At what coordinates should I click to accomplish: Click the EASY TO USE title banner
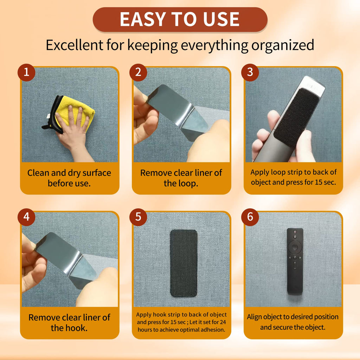click(180, 20)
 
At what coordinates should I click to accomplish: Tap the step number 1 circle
click(26, 72)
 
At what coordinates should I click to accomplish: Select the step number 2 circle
click(138, 72)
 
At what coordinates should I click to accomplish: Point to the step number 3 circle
click(250, 72)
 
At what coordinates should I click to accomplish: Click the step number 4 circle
click(26, 217)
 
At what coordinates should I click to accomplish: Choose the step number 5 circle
click(138, 217)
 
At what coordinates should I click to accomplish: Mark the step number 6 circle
click(250, 217)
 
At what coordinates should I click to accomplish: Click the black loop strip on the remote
click(296, 117)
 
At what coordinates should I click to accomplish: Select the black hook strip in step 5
click(184, 263)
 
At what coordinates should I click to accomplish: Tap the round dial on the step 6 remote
click(295, 247)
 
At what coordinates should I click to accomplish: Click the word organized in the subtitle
click(283, 45)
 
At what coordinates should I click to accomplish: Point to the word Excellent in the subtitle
click(75, 45)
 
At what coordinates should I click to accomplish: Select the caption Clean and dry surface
click(69, 173)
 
